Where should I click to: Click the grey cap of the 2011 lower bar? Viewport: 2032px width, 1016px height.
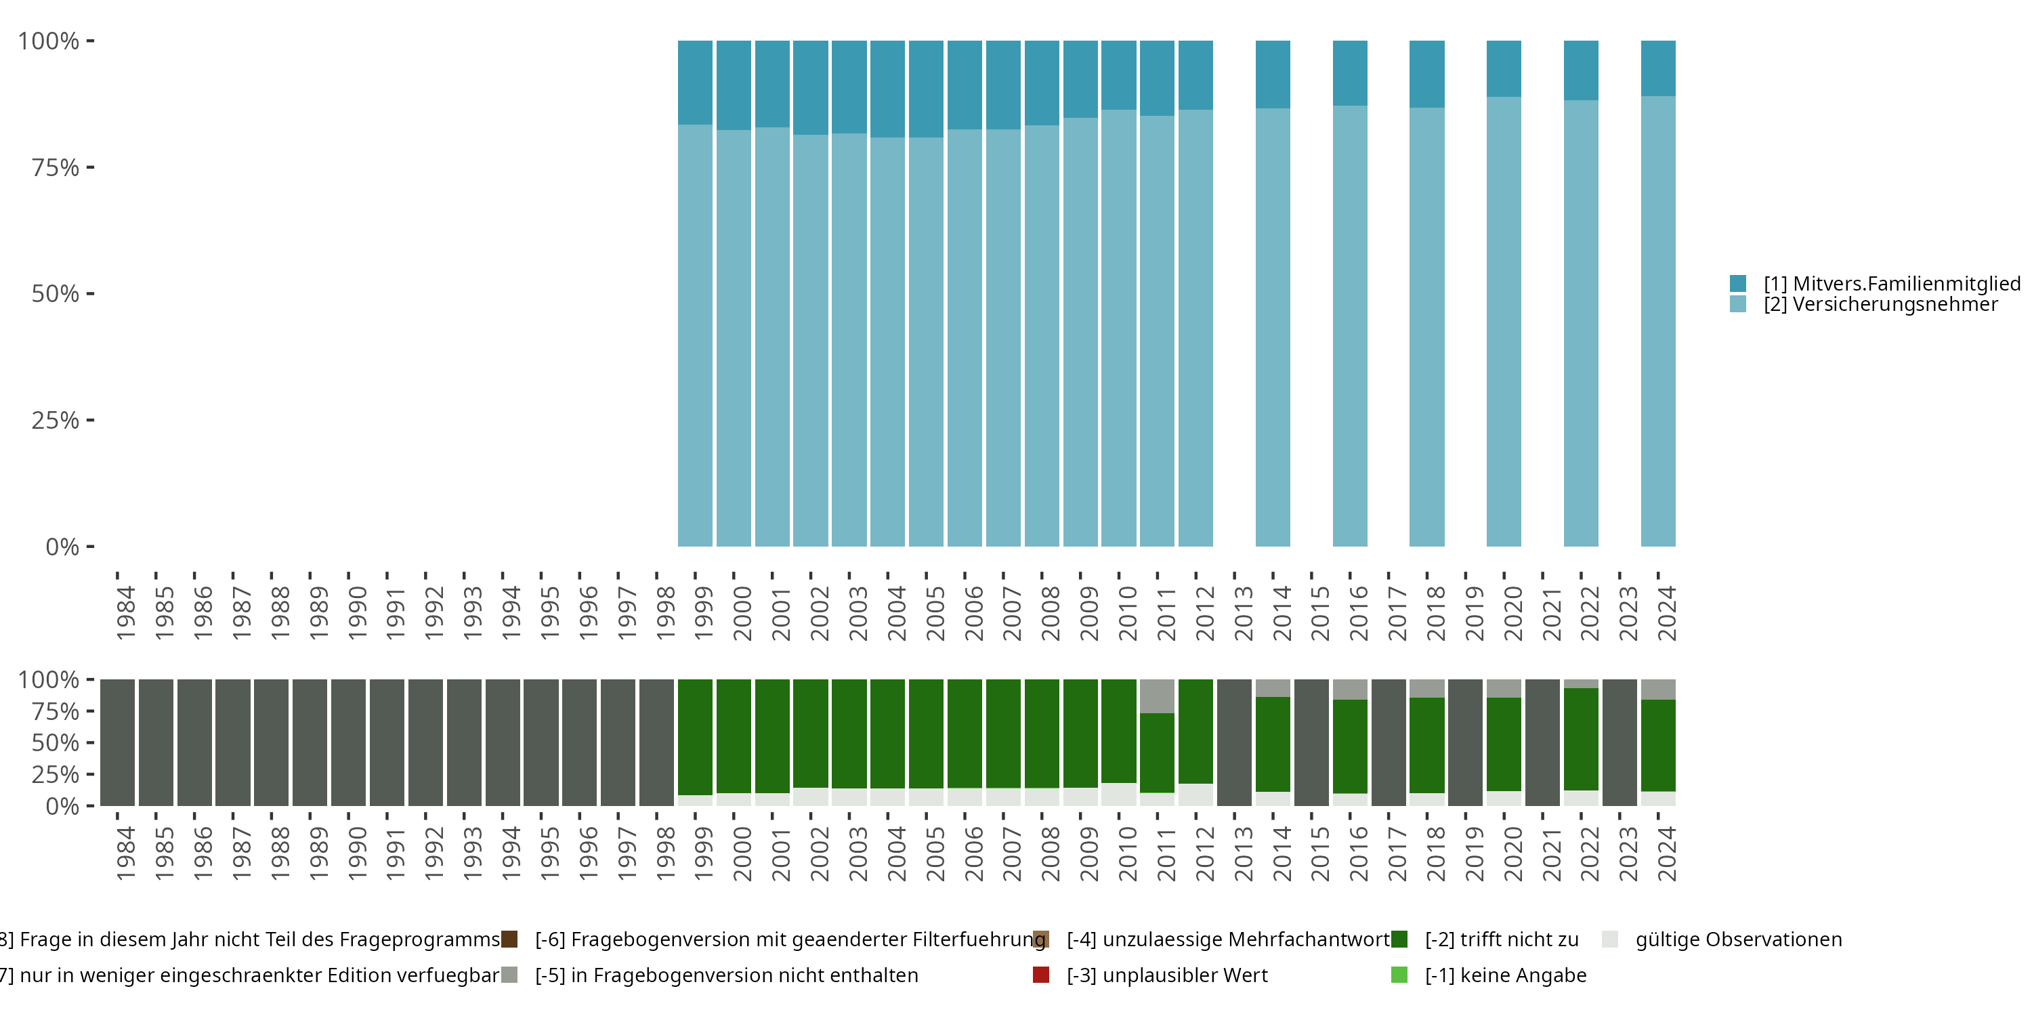tap(1157, 696)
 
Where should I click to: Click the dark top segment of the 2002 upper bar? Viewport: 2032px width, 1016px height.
tap(811, 87)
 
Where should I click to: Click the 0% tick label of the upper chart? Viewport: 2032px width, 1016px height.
tap(62, 547)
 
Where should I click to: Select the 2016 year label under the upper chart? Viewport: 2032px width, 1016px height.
tap(1358, 613)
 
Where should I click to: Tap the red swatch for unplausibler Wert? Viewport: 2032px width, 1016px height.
tap(1041, 975)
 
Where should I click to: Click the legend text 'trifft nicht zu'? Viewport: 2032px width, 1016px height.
tap(1501, 939)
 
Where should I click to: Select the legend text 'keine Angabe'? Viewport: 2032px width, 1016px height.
tap(1505, 975)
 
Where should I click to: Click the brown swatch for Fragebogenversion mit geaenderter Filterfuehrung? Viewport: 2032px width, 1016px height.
tap(509, 939)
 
